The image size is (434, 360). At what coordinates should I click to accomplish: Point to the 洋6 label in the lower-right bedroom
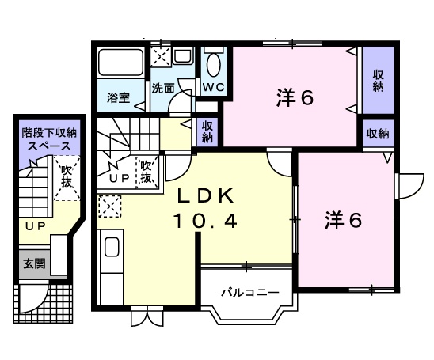(343, 221)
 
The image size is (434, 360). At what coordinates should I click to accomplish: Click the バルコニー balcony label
(249, 293)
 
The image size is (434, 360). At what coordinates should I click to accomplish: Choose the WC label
(213, 86)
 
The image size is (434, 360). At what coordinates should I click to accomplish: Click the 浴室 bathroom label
(120, 100)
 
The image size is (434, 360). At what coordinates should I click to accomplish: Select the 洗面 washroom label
(163, 89)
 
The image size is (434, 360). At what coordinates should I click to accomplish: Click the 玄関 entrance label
(33, 263)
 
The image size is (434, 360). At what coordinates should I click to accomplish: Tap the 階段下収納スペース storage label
(49, 140)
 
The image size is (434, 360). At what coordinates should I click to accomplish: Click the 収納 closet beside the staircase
(208, 131)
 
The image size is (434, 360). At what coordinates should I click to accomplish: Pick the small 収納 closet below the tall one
(378, 134)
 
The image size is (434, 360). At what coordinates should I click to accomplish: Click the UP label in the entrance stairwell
(33, 226)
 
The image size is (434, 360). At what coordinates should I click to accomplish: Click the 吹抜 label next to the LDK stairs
(147, 172)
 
